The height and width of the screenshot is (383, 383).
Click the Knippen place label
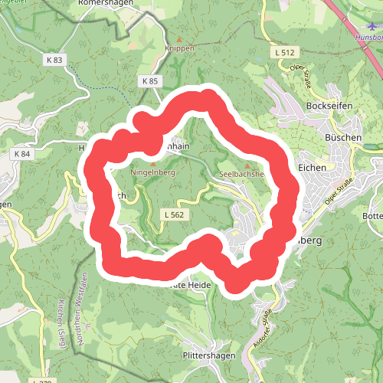pyautogui.click(x=181, y=47)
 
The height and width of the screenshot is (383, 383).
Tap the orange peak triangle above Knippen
pyautogui.click(x=181, y=38)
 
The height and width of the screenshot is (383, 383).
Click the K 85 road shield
pyautogui.click(x=149, y=80)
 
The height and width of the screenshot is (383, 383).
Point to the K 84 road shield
pyautogui.click(x=21, y=153)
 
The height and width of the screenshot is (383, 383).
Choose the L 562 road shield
pyautogui.click(x=174, y=215)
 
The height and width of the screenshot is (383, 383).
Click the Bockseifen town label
pyautogui.click(x=327, y=105)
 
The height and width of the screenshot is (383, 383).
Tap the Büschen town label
pyautogui.click(x=343, y=137)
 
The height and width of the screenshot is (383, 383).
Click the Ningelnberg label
pyautogui.click(x=154, y=173)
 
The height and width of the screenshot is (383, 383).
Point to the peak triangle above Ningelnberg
pyautogui.click(x=153, y=164)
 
